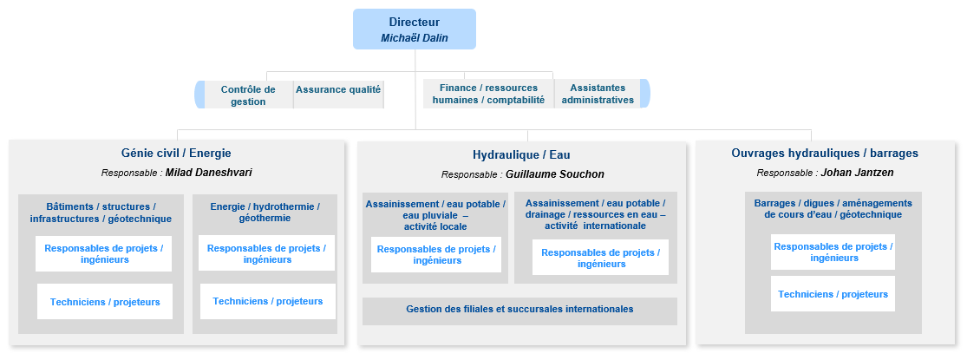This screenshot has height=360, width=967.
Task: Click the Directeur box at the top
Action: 415,29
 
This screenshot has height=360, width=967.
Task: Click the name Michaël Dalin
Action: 415,38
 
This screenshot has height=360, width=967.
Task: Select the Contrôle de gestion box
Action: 248,95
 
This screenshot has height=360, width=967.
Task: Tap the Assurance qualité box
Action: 338,89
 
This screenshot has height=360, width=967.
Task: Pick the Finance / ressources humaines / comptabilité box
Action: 488,94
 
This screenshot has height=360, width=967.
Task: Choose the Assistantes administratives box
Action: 598,94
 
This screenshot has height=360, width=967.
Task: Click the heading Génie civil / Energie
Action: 176,153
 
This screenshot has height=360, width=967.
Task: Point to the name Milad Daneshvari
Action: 208,173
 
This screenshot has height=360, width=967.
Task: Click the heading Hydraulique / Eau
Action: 521,154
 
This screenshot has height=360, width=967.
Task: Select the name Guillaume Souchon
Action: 555,174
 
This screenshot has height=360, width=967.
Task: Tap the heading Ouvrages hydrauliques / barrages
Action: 825,153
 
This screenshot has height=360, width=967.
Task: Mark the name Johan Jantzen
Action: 857,173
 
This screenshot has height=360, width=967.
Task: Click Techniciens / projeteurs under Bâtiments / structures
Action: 105,301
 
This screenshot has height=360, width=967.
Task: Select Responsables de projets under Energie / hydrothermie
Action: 266,252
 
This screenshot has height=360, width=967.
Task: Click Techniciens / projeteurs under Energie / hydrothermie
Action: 268,301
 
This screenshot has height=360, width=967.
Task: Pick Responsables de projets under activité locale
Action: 436,254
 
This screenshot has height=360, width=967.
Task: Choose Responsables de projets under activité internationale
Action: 600,257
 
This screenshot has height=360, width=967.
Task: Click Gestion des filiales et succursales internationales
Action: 519,309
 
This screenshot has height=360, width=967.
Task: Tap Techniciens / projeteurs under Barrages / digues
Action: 833,294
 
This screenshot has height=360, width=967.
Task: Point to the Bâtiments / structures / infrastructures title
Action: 101,212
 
